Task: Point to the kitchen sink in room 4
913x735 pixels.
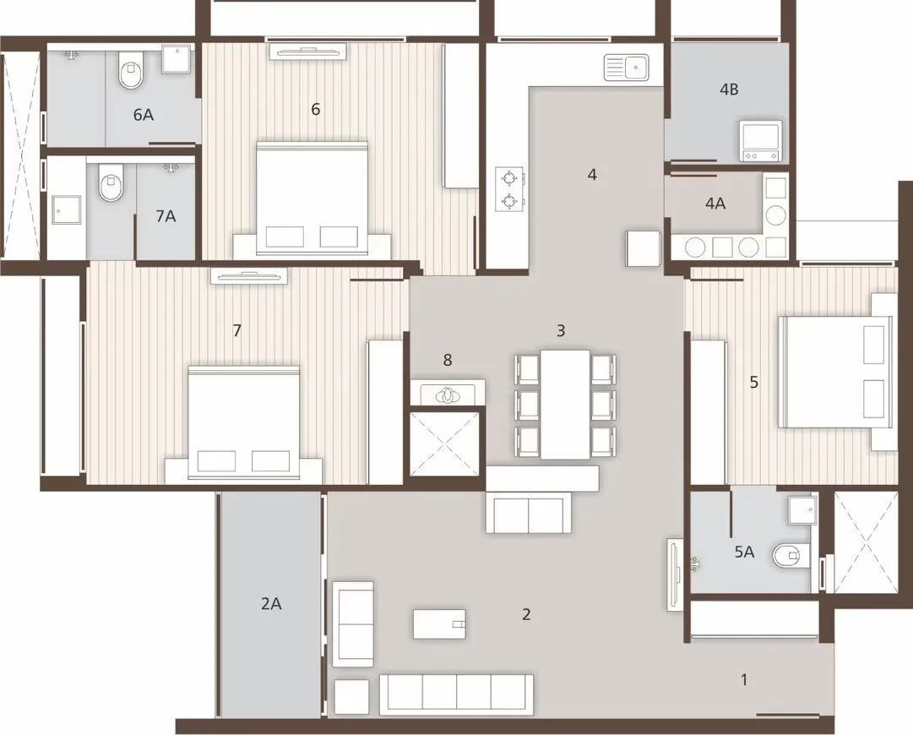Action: tap(626, 67)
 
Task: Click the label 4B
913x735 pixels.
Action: tap(728, 90)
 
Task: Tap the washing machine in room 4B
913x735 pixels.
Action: tap(760, 140)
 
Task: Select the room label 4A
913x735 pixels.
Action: tap(715, 203)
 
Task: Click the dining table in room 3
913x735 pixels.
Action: tap(565, 403)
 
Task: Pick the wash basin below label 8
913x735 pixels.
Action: tap(448, 395)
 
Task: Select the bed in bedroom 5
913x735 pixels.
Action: tap(834, 372)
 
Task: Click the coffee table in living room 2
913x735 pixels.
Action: tap(439, 624)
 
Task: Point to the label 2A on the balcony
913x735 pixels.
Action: tap(270, 603)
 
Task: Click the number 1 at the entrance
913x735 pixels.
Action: tap(744, 679)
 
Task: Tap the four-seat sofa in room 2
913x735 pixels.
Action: tap(456, 693)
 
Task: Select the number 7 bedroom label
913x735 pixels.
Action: tap(237, 331)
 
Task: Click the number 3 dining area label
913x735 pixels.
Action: tap(561, 331)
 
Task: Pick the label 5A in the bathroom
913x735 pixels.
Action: tap(744, 553)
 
